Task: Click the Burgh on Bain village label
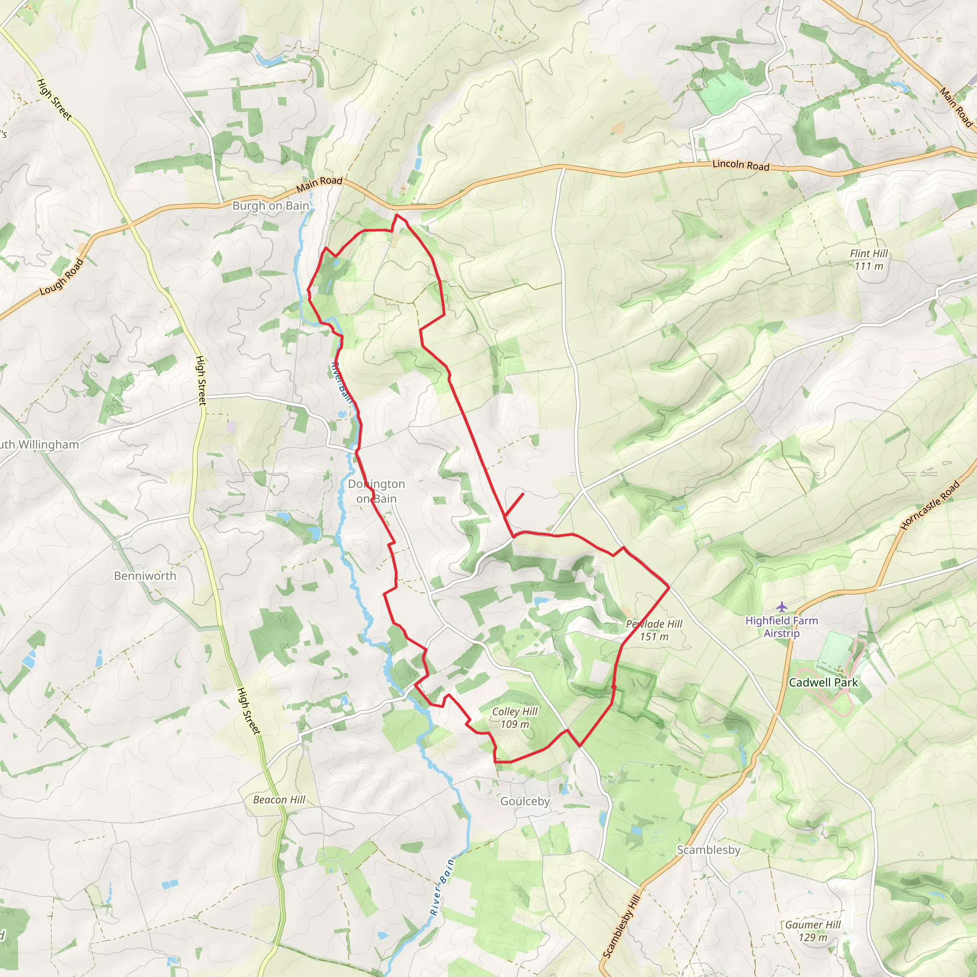coord(270,206)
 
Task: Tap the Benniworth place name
coord(145,575)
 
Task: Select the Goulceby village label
coord(525,801)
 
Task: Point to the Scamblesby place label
coord(708,850)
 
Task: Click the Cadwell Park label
coord(823,682)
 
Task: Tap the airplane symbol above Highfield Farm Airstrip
coord(782,606)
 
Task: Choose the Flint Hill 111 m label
coord(869,260)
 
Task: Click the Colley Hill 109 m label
coord(515,717)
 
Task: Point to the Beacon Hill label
coord(279,800)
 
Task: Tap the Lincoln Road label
coord(740,165)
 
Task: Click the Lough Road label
coord(61,277)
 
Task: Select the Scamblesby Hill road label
coord(622,925)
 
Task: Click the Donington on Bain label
coord(376,491)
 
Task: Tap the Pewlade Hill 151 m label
coord(654,630)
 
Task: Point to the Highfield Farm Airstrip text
coord(781,626)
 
